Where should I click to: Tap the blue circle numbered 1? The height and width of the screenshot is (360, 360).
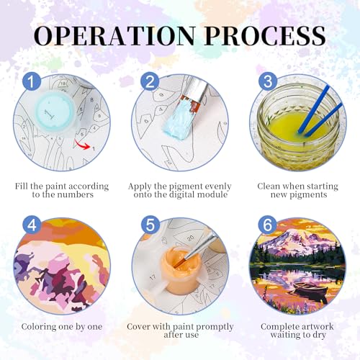(x=32, y=81)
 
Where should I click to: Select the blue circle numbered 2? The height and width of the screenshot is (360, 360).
(x=150, y=81)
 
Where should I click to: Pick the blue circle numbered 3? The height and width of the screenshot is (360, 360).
(x=268, y=81)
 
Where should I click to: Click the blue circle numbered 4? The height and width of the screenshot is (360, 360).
(x=32, y=225)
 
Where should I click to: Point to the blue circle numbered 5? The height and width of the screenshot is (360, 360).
(x=150, y=225)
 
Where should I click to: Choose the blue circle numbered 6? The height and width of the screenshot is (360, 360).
(x=267, y=225)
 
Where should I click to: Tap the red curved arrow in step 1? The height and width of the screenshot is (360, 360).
(x=82, y=145)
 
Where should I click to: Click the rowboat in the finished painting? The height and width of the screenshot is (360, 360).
(x=310, y=289)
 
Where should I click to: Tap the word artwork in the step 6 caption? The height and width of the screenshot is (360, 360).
(x=316, y=326)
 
